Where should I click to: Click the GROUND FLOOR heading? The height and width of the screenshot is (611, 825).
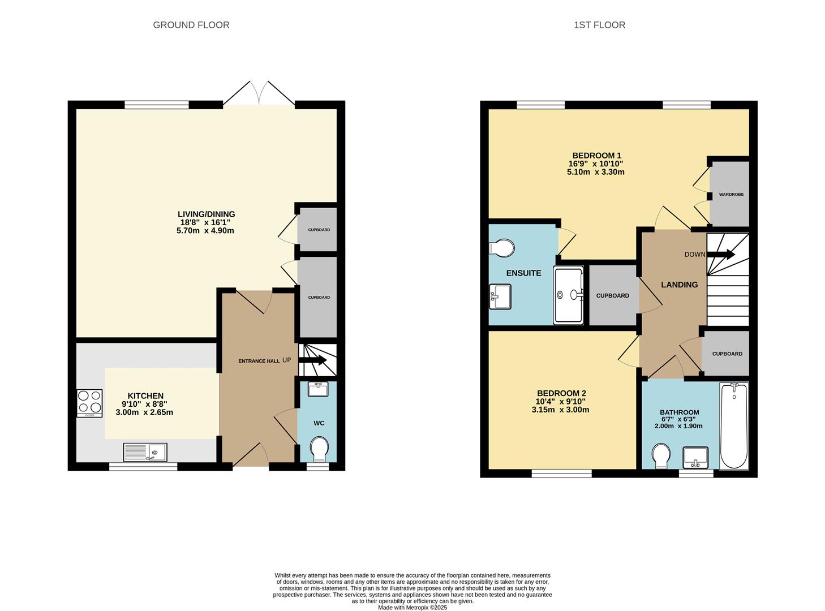click(x=191, y=25)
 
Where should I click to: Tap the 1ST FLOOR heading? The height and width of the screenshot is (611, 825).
click(x=599, y=25)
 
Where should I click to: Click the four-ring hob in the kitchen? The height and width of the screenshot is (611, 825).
click(x=89, y=403)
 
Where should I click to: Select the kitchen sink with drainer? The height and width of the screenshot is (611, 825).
click(x=145, y=452)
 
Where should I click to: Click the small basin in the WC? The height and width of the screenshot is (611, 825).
click(x=317, y=389)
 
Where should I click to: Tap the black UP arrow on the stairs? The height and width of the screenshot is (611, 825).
click(x=313, y=360)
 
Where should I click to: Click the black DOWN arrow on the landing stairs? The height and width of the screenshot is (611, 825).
click(x=721, y=255)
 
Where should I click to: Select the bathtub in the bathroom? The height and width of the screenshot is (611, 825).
click(x=734, y=426)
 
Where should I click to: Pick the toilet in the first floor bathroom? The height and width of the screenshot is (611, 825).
click(x=661, y=455)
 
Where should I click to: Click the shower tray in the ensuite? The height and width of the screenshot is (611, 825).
click(x=568, y=295)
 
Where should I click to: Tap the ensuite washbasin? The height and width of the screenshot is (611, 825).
click(x=500, y=296)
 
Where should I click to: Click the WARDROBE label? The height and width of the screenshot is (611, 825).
click(x=731, y=194)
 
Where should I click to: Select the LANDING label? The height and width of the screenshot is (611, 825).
click(x=679, y=285)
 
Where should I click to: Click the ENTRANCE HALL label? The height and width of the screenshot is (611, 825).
click(x=259, y=361)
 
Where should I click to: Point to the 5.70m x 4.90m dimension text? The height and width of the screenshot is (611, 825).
click(x=205, y=231)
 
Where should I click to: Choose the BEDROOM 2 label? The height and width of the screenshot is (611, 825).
click(x=562, y=393)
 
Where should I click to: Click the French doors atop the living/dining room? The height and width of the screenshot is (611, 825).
click(x=259, y=93)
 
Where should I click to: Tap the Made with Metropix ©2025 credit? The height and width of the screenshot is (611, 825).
click(x=412, y=608)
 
